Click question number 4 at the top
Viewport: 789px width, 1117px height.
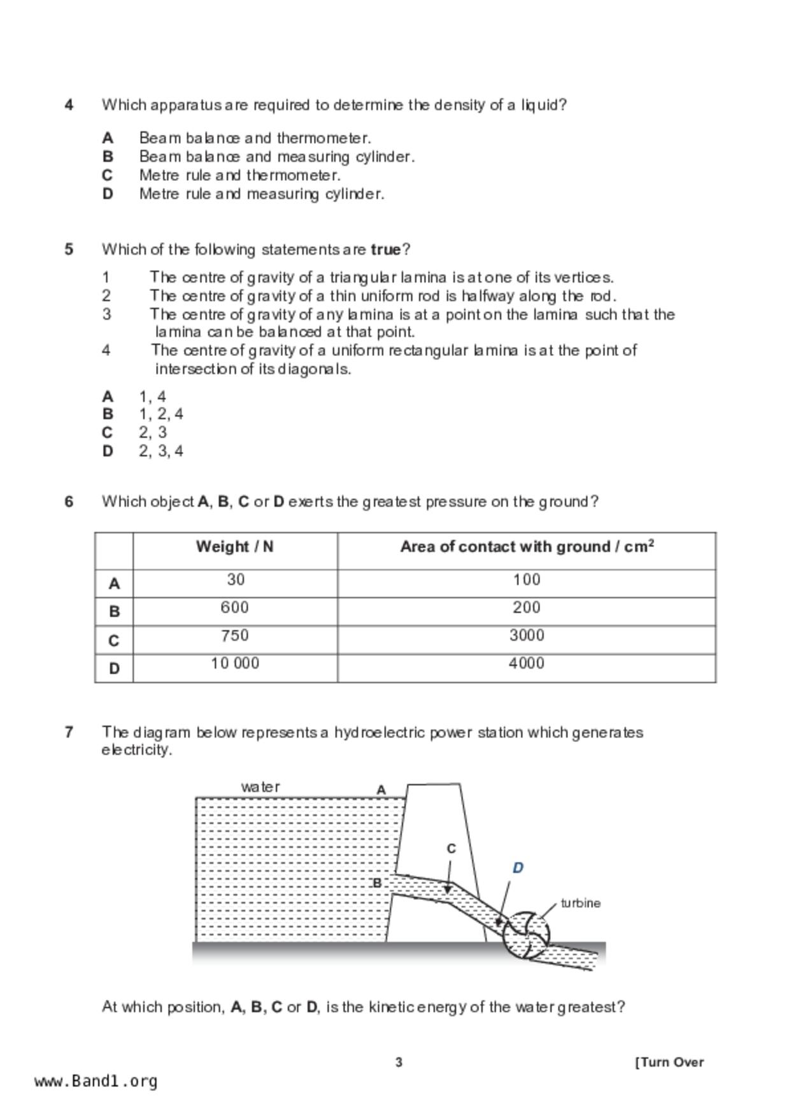[69, 104]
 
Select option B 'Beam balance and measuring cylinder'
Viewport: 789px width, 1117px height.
[276, 157]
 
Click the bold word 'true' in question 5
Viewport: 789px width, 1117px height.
[385, 250]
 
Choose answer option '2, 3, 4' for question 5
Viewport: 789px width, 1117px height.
[160, 451]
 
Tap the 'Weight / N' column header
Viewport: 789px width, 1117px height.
[234, 547]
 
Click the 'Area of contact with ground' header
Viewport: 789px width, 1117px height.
[527, 547]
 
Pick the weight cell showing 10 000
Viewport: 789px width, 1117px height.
[235, 664]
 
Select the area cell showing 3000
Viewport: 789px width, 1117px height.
[527, 636]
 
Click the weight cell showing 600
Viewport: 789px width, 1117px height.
[235, 608]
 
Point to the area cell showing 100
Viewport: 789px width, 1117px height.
[527, 580]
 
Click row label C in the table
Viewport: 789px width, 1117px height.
[114, 640]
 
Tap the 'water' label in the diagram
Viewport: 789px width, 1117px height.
[260, 787]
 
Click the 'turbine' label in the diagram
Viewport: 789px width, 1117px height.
[580, 903]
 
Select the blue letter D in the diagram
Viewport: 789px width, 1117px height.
[518, 868]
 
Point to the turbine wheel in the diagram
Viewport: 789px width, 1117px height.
[526, 936]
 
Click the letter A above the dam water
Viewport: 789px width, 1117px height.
[381, 790]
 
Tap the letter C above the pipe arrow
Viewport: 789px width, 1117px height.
[451, 849]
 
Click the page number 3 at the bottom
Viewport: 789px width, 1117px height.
[399, 1062]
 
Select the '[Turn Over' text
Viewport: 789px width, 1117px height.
[669, 1062]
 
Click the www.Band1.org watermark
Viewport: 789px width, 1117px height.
[96, 1081]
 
